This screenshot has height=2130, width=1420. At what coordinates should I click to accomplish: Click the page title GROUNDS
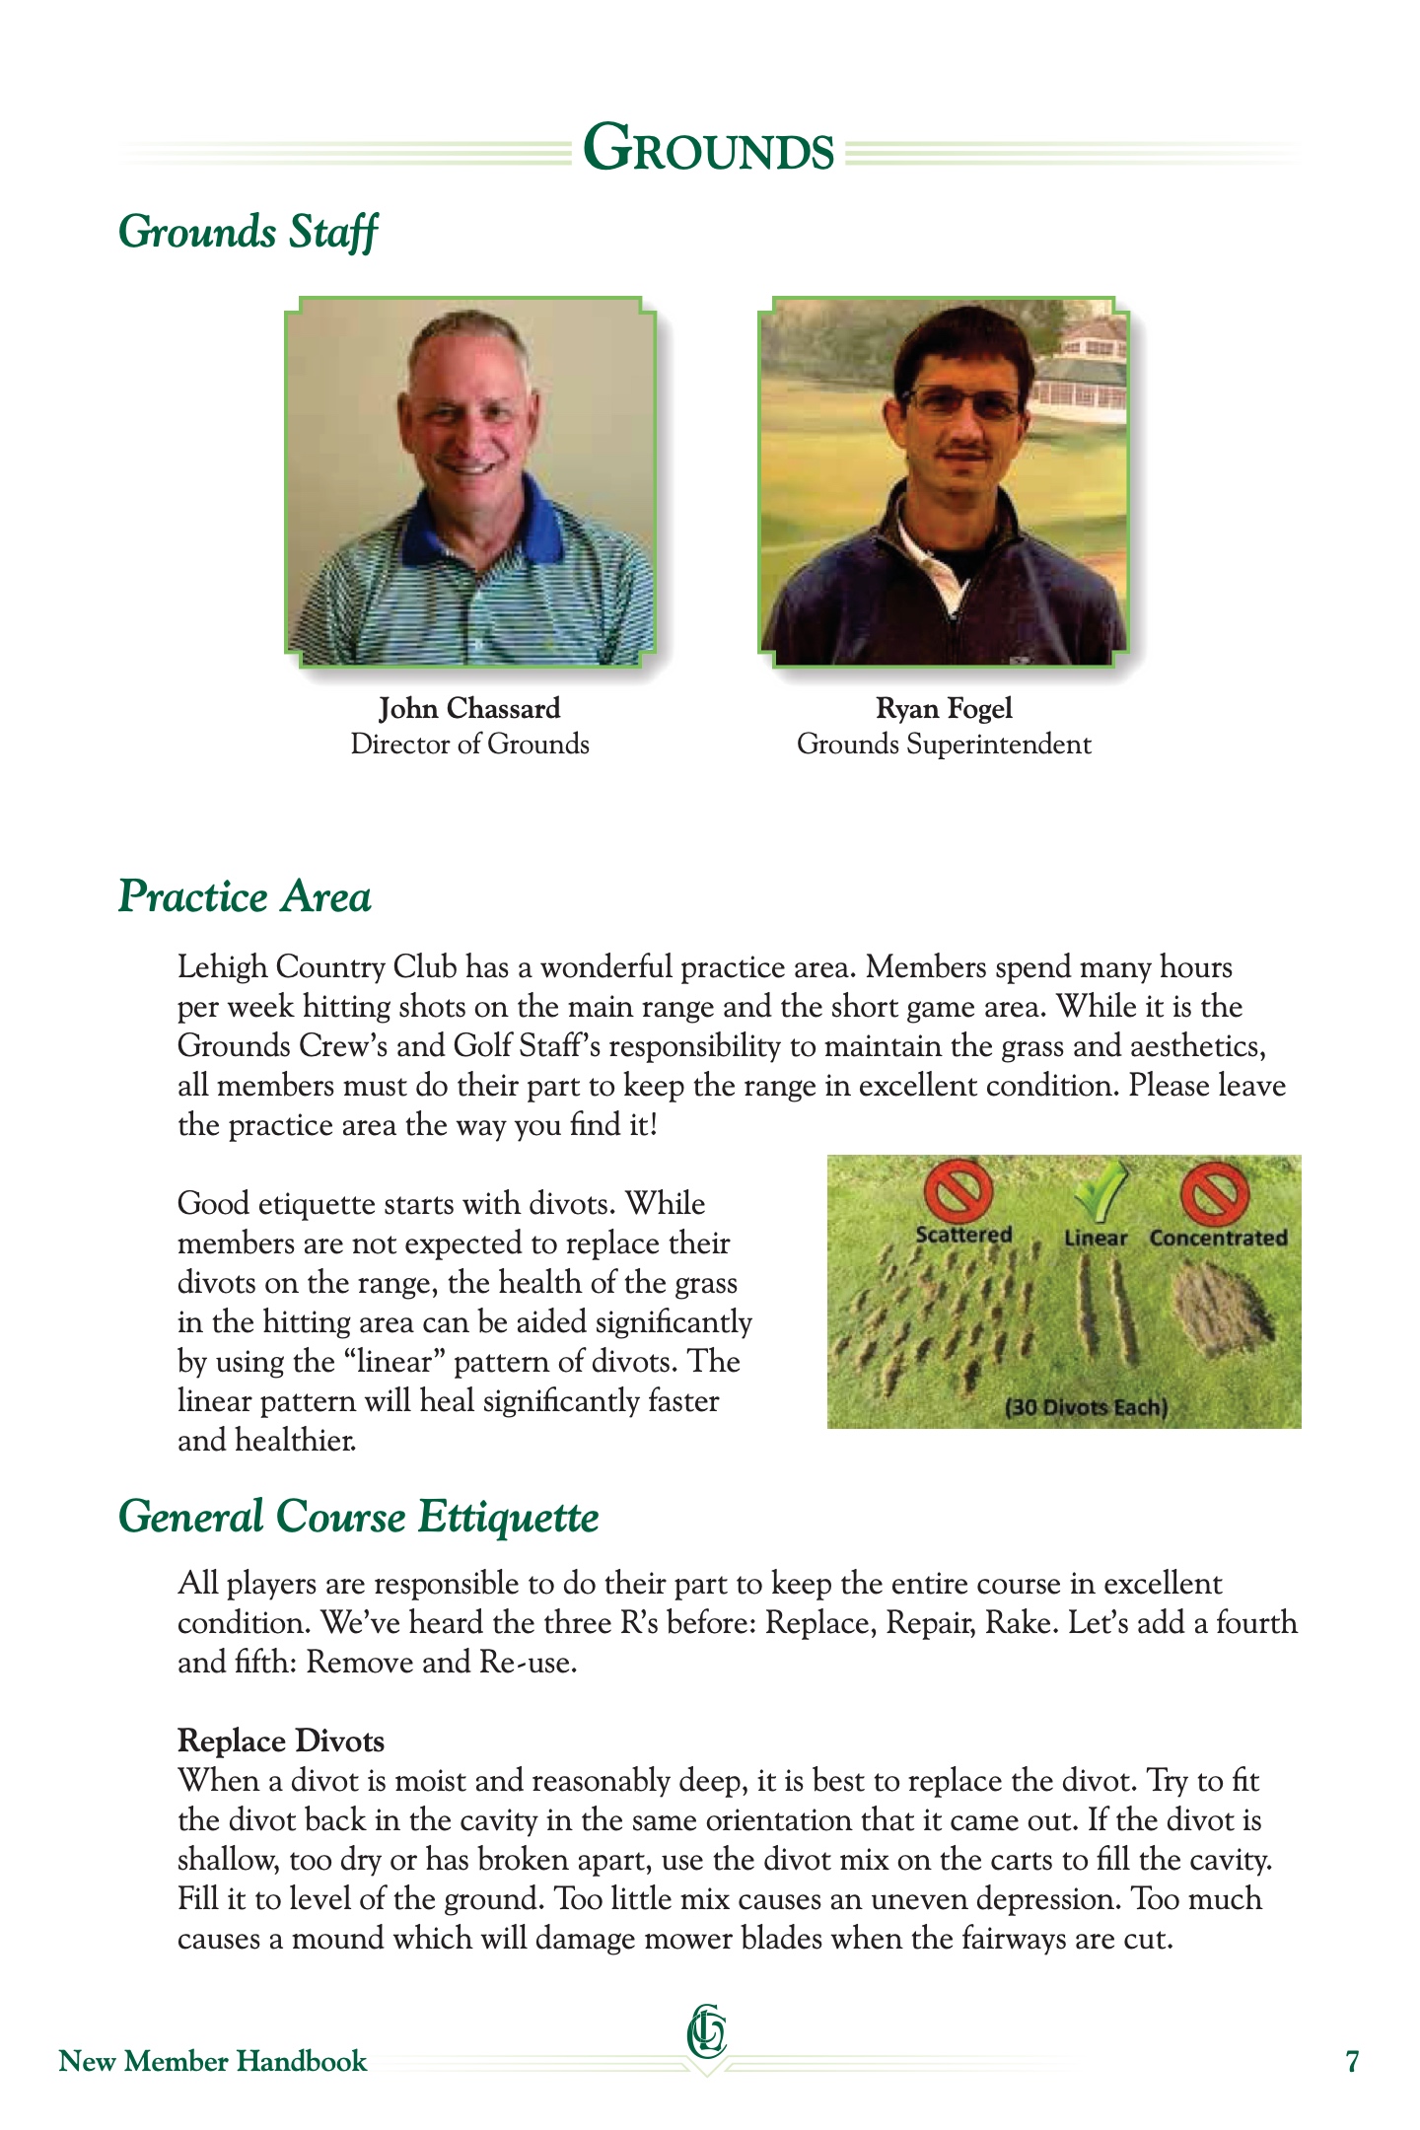[x=708, y=150]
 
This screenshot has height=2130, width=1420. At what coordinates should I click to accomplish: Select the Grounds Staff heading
[x=248, y=233]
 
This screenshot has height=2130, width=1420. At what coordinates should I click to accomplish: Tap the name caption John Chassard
[x=469, y=708]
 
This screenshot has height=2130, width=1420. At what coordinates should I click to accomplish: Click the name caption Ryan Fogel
[x=944, y=708]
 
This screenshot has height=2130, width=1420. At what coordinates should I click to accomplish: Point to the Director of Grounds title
[x=469, y=745]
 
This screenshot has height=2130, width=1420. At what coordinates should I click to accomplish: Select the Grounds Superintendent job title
[x=944, y=745]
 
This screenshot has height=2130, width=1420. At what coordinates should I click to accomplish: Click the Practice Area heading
[x=245, y=896]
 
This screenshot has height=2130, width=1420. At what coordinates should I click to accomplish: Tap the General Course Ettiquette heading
[x=358, y=1517]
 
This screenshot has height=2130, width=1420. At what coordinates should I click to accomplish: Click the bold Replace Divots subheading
[x=281, y=1741]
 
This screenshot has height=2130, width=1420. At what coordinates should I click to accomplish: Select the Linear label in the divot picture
[x=1096, y=1239]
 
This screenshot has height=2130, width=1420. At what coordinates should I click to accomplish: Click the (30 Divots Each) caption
[x=1086, y=1407]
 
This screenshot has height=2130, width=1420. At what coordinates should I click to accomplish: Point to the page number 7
[x=1352, y=2062]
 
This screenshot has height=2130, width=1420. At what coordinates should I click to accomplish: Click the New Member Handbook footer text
[x=213, y=2062]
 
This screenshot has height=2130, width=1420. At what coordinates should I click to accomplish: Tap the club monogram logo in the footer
[x=707, y=2035]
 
